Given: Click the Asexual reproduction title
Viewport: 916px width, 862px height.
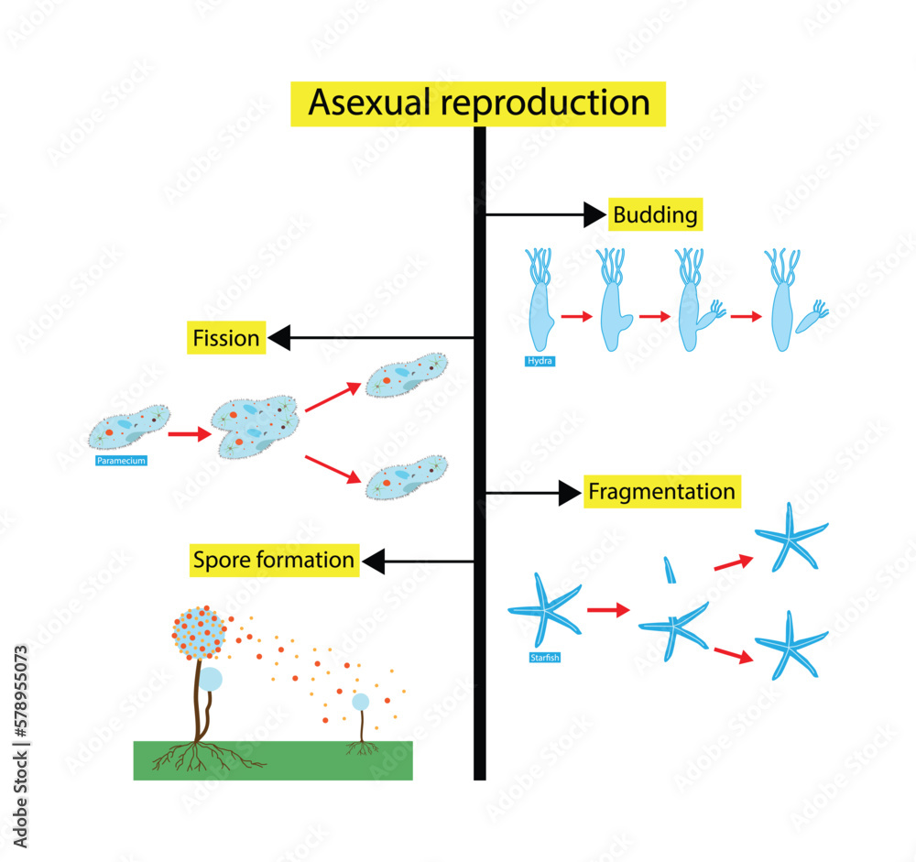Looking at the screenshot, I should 478,104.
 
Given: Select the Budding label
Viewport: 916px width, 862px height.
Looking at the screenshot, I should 655,216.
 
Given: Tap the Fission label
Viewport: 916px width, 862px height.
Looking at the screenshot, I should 226,339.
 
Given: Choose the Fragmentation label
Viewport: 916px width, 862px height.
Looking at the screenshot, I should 660,492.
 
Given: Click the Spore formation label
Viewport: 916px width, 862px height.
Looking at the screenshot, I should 273,560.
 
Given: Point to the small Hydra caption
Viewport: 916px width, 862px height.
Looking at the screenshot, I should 540,361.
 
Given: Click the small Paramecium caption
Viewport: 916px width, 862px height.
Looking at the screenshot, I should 121,461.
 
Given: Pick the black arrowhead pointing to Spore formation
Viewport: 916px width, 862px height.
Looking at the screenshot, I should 375,560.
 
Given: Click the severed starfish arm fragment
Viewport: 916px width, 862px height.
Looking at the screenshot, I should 670,570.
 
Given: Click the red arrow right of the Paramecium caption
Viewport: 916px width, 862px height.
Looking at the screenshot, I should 190,435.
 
